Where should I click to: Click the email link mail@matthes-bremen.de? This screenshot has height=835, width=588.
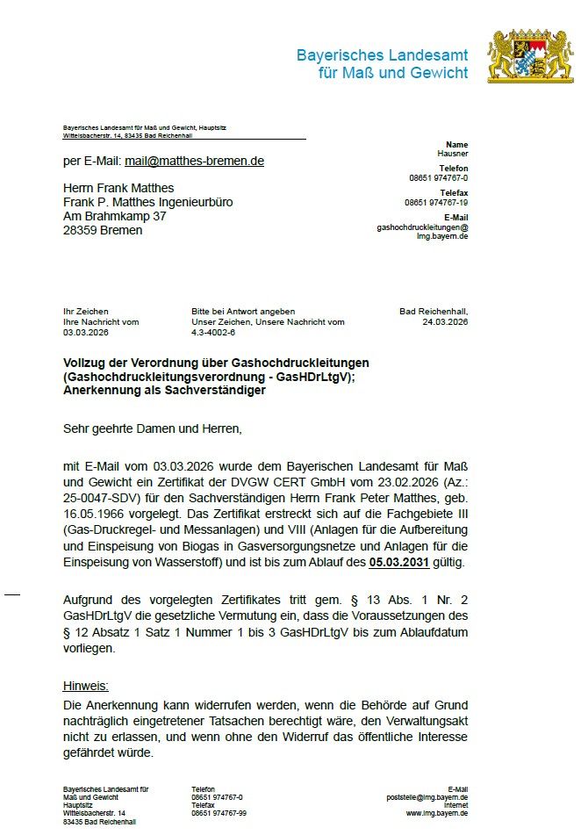click(194, 162)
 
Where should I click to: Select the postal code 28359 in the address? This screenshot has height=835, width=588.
click(82, 230)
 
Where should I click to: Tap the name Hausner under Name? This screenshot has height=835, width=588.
click(453, 154)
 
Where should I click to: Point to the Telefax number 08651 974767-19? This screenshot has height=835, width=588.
click(436, 202)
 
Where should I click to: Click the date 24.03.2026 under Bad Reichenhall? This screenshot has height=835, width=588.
click(445, 322)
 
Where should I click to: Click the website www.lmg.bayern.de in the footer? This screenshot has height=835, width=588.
click(436, 813)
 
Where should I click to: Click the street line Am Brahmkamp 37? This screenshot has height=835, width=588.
click(114, 216)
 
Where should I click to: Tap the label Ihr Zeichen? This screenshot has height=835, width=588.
click(85, 312)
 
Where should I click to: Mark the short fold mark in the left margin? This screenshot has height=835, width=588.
click(12, 595)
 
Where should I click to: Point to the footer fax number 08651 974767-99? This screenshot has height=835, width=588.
click(219, 813)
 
